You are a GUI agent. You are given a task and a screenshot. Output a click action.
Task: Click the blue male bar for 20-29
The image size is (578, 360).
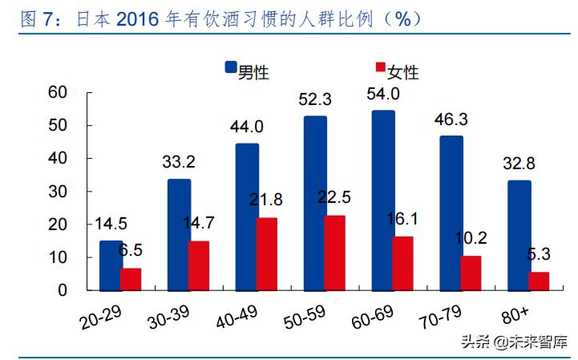click(x=111, y=265)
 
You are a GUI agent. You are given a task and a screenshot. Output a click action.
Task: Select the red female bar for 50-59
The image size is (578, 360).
click(x=335, y=253)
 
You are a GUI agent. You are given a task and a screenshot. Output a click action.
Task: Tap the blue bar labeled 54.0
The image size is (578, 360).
click(x=383, y=200)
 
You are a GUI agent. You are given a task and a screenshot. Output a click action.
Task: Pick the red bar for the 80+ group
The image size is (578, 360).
click(x=539, y=281)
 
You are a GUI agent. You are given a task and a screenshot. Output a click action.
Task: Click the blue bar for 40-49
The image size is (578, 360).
click(x=247, y=217)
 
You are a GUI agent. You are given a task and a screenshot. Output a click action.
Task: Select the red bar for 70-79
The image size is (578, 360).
click(x=471, y=273)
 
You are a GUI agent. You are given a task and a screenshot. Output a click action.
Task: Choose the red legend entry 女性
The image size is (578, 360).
click(x=395, y=71)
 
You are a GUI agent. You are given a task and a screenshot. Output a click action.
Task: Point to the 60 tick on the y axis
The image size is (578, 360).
click(x=57, y=92)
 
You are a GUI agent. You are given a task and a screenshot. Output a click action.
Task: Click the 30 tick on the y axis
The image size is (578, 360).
click(x=57, y=192)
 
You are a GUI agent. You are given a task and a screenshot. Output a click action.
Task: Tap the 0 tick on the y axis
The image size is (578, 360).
click(x=62, y=290)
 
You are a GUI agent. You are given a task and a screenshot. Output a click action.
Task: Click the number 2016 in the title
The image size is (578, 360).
click(x=135, y=18)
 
